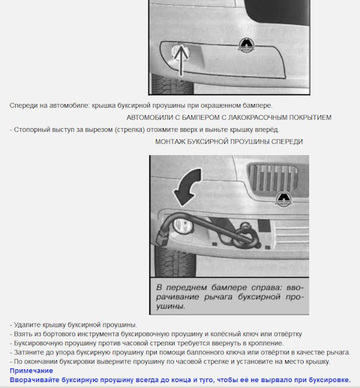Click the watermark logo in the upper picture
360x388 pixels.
coord(246,45)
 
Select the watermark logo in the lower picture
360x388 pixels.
coord(283,198)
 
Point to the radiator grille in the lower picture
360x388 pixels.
coord(273,177)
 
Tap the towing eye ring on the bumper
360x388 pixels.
coord(245,237)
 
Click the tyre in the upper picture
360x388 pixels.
coord(172,84)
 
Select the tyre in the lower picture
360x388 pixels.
coord(175,261)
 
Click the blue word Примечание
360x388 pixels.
coord(31,371)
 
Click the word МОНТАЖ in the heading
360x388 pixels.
coord(170,142)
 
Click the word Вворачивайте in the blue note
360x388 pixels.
coord(34,380)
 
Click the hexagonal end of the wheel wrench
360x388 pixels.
coord(162,238)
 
